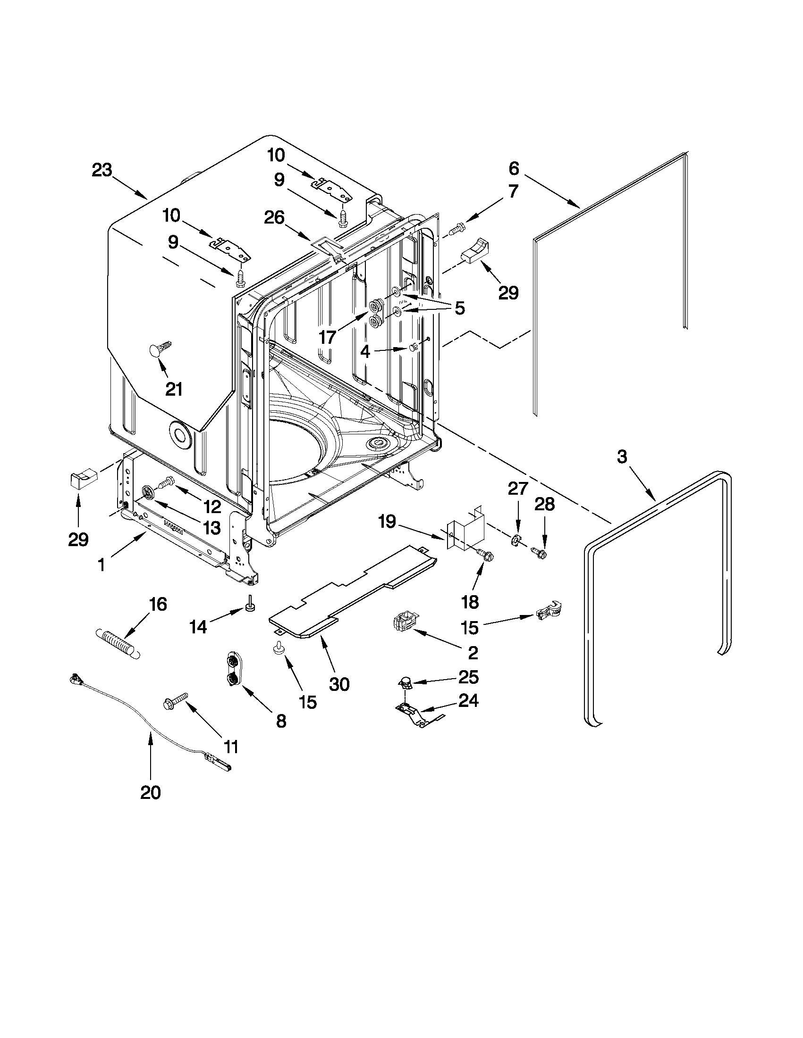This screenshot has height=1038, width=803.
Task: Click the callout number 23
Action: pos(102,170)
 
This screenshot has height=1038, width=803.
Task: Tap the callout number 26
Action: pos(274,218)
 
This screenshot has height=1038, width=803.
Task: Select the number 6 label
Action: pos(514,168)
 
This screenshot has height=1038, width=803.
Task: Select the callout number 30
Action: pos(339,684)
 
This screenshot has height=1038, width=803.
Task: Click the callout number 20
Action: pos(150,792)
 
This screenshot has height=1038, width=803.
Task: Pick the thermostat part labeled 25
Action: pos(405,682)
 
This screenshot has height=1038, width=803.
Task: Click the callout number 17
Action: pos(327,338)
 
